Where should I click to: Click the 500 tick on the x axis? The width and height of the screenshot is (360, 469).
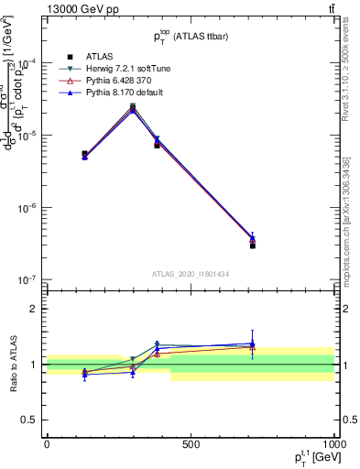coord(191,443)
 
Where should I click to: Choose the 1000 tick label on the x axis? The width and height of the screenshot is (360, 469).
coord(333,443)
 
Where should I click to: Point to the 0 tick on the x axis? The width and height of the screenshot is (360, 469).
coord(47,443)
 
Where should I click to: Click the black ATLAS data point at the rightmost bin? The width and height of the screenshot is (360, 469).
coord(252,245)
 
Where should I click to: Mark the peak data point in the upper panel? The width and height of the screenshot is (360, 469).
coord(133,107)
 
